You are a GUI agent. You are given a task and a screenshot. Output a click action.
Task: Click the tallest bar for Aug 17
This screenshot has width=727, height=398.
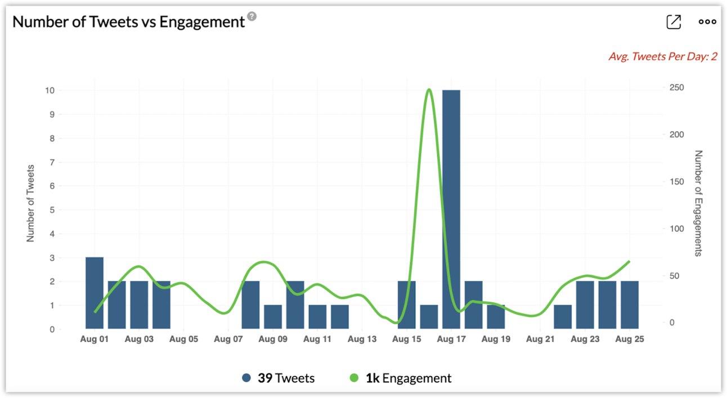pos(451,209)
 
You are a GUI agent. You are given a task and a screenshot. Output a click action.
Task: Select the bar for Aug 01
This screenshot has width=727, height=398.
pos(95,293)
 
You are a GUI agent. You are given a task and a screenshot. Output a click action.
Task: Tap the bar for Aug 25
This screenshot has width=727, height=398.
pos(630,305)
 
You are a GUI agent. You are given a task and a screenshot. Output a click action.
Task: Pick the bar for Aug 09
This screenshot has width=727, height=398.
pos(273,317)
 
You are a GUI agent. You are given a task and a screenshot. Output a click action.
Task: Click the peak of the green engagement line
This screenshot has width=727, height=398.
pos(429,90)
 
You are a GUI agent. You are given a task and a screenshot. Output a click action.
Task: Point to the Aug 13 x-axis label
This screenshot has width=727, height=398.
pos(362,339)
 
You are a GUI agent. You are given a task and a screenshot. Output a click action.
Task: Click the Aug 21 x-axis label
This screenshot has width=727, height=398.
pos(540,339)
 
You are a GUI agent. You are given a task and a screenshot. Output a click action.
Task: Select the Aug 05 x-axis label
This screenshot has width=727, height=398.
pos(183,339)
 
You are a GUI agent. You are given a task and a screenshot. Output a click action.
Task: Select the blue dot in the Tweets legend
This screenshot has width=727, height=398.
pos(246,378)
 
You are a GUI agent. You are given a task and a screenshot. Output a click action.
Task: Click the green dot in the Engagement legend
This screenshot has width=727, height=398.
pos(354,378)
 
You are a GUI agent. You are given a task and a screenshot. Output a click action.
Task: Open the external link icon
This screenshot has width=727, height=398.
pos(674,22)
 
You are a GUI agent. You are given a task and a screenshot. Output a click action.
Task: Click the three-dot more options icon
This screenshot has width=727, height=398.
pos(707,22)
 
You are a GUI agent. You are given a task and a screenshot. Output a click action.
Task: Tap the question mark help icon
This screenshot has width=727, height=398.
pos(252,16)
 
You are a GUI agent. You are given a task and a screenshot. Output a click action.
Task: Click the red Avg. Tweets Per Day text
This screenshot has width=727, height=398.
pos(662,56)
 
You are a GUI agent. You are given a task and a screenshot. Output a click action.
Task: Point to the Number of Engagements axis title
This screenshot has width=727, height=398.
pos(698,203)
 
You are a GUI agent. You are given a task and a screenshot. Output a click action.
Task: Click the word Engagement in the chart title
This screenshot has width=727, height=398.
pos(202,22)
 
